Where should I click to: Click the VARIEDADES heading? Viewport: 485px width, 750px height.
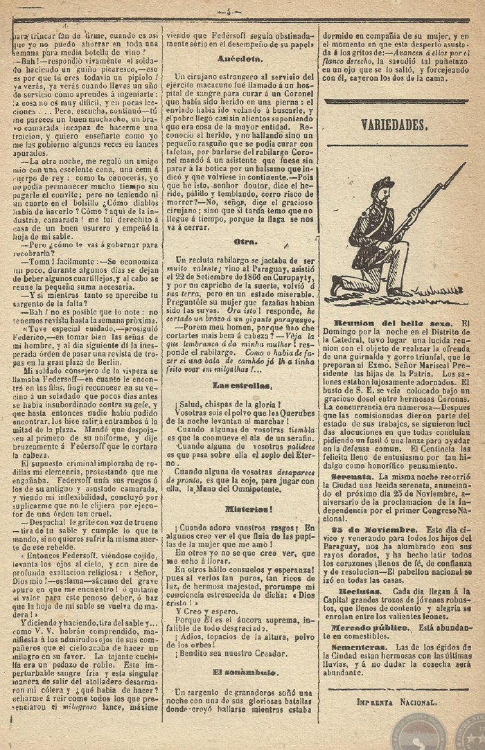click(394, 125)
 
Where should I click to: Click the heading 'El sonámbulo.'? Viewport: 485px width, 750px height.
click(238, 671)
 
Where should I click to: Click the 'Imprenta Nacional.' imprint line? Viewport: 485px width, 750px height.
click(396, 701)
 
